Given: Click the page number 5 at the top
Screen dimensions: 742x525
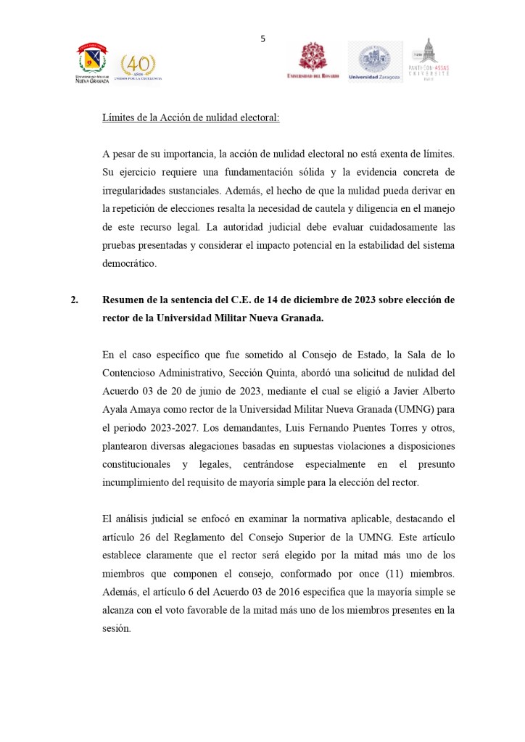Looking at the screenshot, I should pyautogui.click(x=263, y=39).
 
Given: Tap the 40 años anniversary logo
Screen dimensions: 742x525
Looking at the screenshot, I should pyautogui.click(x=137, y=67).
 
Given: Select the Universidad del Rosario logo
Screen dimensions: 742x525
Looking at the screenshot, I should pyautogui.click(x=313, y=61).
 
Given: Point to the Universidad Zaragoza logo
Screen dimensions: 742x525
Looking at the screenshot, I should pyautogui.click(x=375, y=62).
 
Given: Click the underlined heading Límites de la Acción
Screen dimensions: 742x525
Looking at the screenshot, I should pyautogui.click(x=191, y=118).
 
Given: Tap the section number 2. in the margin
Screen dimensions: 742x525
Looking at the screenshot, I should pyautogui.click(x=74, y=300).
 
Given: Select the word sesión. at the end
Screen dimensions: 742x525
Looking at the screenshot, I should pyautogui.click(x=117, y=627).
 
